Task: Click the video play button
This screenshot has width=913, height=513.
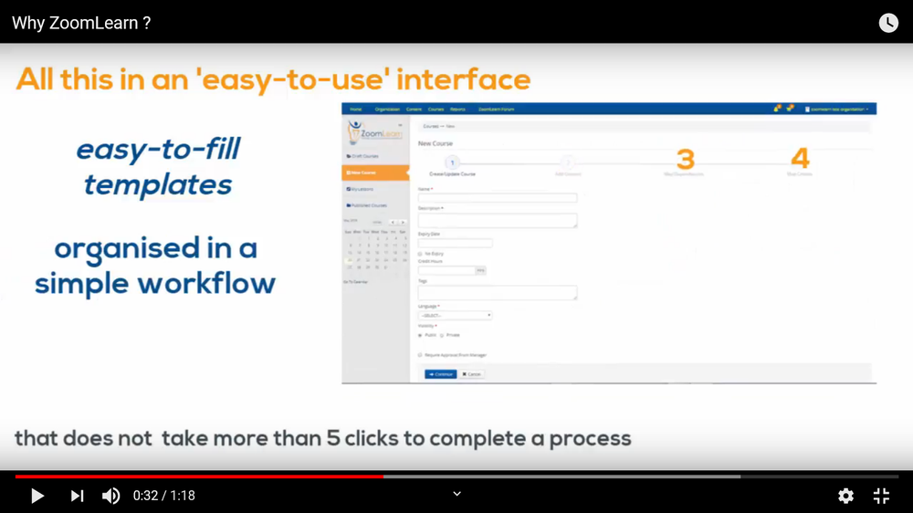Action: click(37, 496)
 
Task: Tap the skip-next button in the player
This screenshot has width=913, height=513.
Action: click(77, 496)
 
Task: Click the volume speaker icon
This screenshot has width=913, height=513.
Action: click(110, 496)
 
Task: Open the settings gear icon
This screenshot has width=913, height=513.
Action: click(845, 496)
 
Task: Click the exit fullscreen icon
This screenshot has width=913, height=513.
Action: click(881, 496)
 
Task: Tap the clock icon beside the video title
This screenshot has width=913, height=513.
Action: click(888, 23)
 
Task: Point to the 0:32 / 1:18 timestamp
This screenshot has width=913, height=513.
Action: click(164, 496)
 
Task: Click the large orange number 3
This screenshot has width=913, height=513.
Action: click(685, 159)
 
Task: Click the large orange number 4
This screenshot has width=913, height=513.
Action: click(800, 159)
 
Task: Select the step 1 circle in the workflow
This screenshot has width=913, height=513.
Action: click(452, 162)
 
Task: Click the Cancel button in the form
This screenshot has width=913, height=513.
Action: click(471, 374)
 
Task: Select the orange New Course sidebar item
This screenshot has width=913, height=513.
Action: click(375, 173)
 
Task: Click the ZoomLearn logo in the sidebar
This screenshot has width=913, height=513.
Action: click(374, 134)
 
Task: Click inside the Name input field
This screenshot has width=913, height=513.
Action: click(497, 198)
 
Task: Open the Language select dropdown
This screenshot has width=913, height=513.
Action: click(455, 316)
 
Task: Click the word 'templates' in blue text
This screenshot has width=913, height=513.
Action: click(158, 185)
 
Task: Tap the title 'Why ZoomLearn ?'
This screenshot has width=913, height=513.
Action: click(81, 23)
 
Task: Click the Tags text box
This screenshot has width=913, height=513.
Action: click(497, 293)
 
